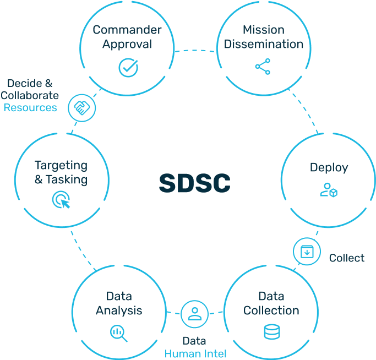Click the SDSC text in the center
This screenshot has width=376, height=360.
tap(194, 184)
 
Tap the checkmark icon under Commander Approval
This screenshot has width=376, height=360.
tap(128, 67)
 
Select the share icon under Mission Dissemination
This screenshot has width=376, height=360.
tap(263, 67)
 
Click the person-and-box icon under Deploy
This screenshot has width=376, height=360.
tap(329, 191)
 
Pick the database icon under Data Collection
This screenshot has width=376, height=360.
tap(271, 332)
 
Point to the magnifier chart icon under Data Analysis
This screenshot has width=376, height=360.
tap(119, 333)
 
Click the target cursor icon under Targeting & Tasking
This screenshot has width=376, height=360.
tap(61, 200)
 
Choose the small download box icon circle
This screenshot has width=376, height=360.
tap(307, 252)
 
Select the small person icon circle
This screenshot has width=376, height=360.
tap(194, 314)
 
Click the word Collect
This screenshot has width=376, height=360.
tap(346, 258)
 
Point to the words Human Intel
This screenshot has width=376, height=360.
tap(195, 354)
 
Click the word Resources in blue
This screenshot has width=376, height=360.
tap(30, 107)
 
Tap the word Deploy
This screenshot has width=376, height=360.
tap(329, 168)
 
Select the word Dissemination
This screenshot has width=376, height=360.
tap(263, 44)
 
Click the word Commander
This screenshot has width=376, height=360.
tap(127, 30)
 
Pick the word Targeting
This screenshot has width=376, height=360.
tap(61, 165)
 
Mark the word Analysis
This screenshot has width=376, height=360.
tap(119, 310)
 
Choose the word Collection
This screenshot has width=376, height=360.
tap(271, 310)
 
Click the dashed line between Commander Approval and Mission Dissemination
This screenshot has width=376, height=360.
tap(195, 51)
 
